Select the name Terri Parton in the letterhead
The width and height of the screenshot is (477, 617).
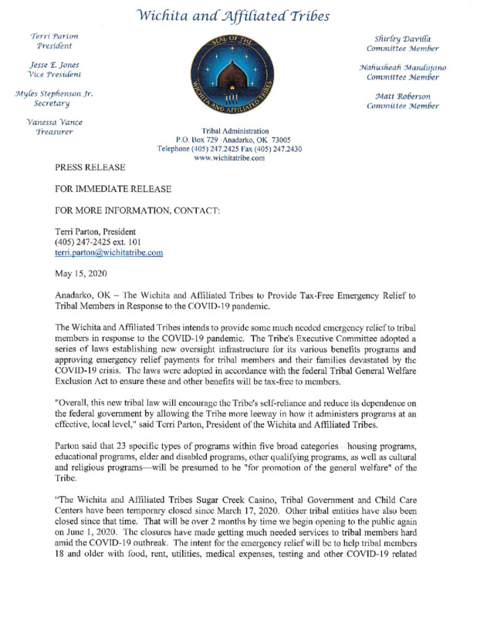point(49,36)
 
